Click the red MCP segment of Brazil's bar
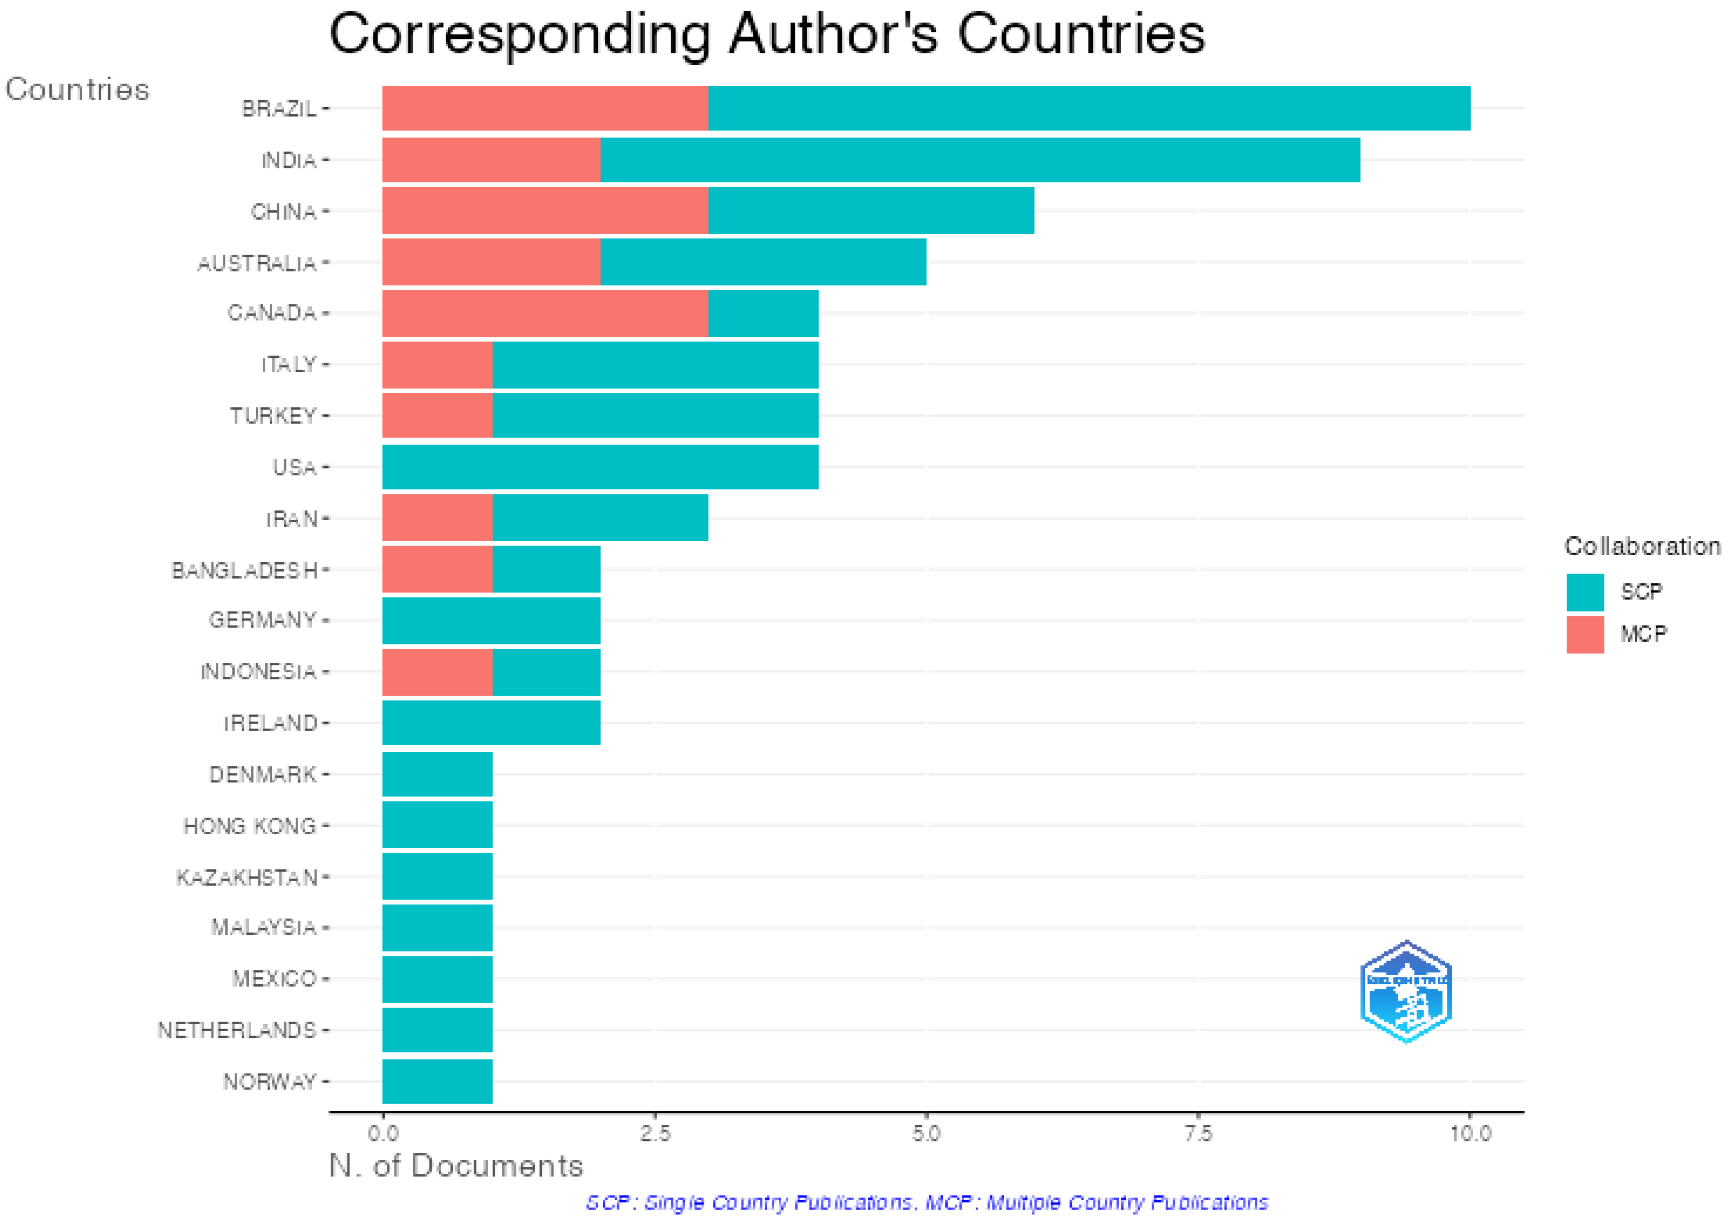click(544, 109)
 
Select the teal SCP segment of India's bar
click(980, 160)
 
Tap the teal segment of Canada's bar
click(763, 313)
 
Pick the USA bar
click(600, 467)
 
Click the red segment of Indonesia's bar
click(437, 671)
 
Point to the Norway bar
click(437, 1081)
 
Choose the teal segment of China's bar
click(870, 211)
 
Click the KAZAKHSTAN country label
click(246, 877)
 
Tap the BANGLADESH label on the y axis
click(244, 571)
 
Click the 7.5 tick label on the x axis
click(1198, 1134)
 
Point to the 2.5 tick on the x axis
click(654, 1134)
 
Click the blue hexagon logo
click(1406, 992)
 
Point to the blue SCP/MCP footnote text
click(926, 1202)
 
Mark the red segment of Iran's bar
click(437, 518)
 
